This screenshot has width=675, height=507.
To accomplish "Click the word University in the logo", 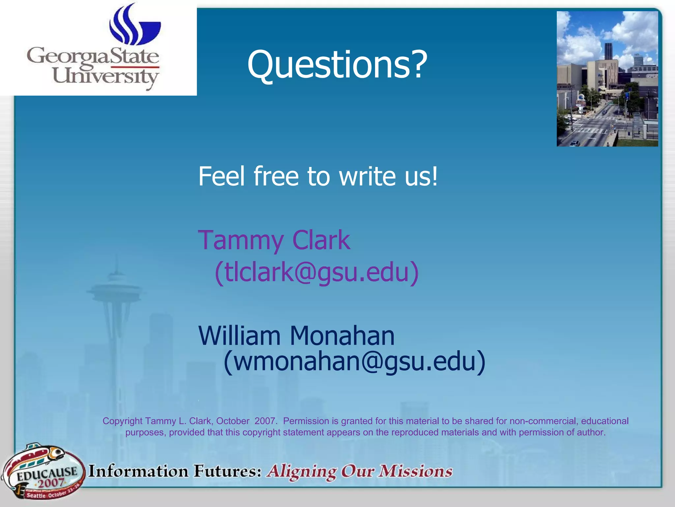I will pos(105,77).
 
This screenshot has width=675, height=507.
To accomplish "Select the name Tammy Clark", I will pos(274,240).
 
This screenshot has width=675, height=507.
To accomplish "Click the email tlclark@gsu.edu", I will pos(316,272).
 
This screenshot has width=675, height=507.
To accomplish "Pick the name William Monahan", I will pos(296,336).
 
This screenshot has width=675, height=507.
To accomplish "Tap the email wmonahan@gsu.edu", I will pos(354,361).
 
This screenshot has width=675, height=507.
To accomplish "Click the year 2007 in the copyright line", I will pos(265,421).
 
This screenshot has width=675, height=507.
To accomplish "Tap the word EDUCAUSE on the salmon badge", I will pos(47,474).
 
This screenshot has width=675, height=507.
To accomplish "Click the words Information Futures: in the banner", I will pos(175,471).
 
